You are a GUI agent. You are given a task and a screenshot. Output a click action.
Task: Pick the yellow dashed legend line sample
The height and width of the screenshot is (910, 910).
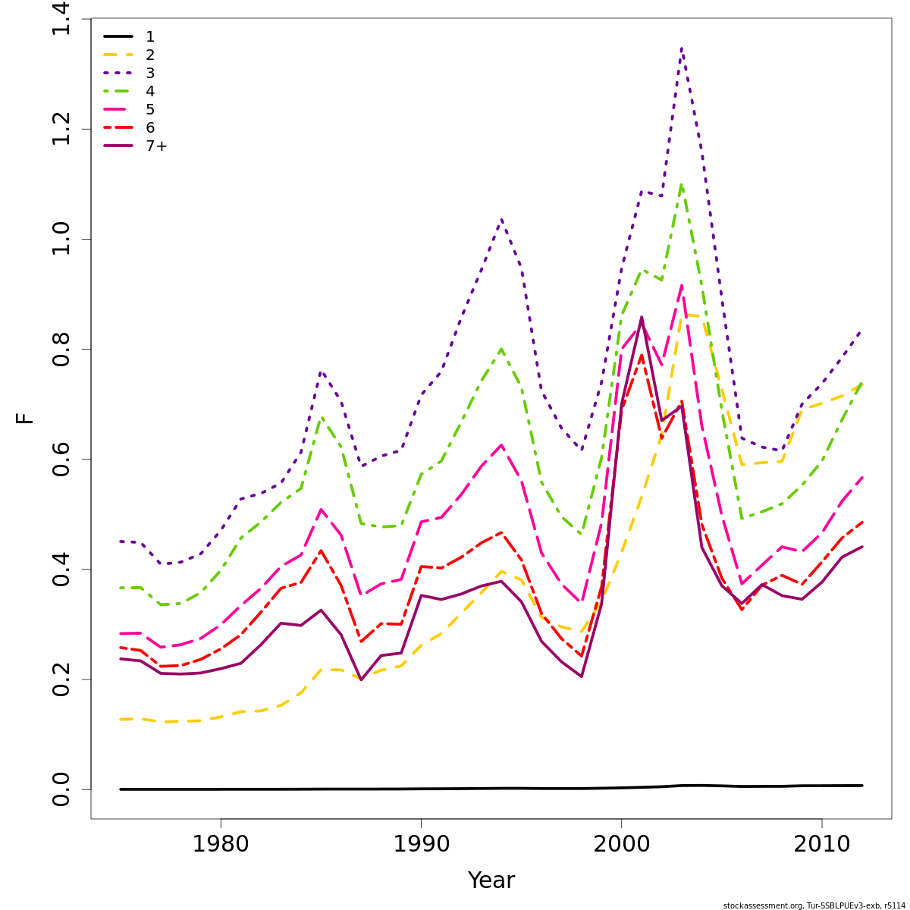pyautogui.click(x=118, y=55)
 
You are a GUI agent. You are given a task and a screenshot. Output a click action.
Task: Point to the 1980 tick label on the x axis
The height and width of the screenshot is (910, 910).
pyautogui.click(x=220, y=844)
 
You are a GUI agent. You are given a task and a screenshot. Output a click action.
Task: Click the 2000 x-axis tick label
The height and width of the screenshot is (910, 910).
pyautogui.click(x=621, y=844)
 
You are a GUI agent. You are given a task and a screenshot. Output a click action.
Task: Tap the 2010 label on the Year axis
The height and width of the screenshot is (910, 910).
pyautogui.click(x=821, y=844)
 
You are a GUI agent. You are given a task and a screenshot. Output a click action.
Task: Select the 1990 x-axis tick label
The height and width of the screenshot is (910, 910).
pyautogui.click(x=420, y=844)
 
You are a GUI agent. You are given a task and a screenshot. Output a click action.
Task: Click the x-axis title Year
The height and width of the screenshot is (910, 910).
pyautogui.click(x=491, y=880)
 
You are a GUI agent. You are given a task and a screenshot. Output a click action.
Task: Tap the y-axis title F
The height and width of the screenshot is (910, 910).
pyautogui.click(x=26, y=418)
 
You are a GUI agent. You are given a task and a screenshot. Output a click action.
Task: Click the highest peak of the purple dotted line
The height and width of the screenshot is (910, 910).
pyautogui.click(x=682, y=49)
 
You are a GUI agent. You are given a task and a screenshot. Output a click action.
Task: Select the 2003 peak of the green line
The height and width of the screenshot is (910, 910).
pyautogui.click(x=682, y=184)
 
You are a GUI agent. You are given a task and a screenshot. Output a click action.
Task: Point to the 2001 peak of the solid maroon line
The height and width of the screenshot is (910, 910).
pyautogui.click(x=642, y=317)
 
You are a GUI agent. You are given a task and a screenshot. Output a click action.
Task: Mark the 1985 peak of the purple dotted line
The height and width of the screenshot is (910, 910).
pyautogui.click(x=321, y=372)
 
